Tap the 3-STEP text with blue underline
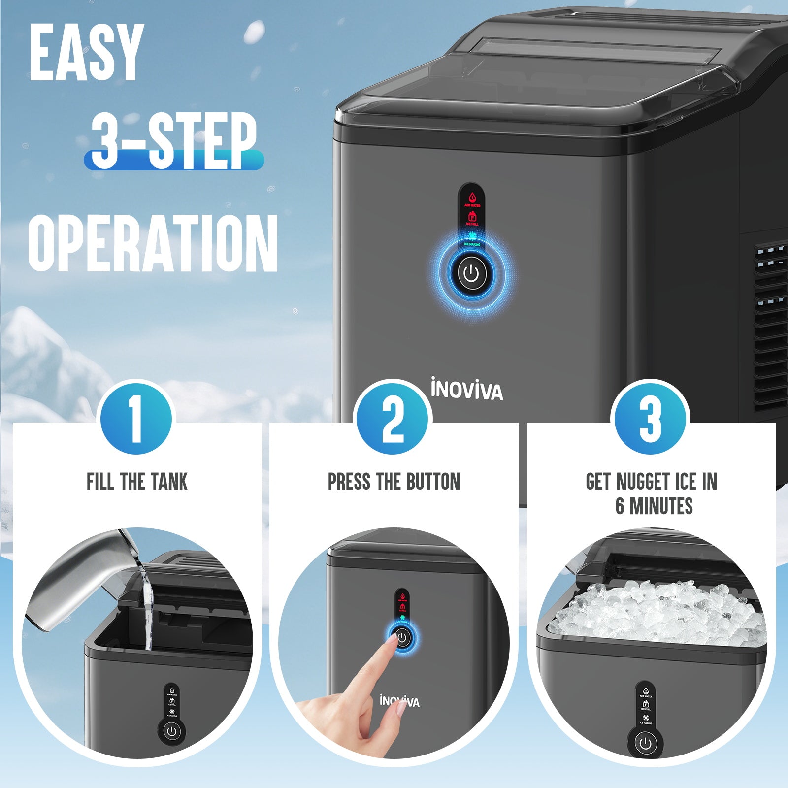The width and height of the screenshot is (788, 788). (173, 140)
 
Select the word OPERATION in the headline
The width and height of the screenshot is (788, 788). (153, 244)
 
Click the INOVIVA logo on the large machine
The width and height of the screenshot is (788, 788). (467, 390)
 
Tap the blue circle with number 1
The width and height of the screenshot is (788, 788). (136, 419)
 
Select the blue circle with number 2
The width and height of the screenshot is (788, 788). (393, 419)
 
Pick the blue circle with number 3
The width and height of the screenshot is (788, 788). (650, 419)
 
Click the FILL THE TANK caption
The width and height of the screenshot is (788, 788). (137, 482)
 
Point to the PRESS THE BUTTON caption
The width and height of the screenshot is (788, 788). (394, 482)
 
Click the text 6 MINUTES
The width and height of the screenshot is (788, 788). (654, 506)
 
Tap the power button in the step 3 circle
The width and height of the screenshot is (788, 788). (645, 743)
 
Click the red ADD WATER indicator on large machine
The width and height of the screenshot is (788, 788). (472, 199)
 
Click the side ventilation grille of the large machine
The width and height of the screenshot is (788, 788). (771, 325)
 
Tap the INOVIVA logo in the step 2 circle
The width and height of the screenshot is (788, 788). (399, 701)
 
